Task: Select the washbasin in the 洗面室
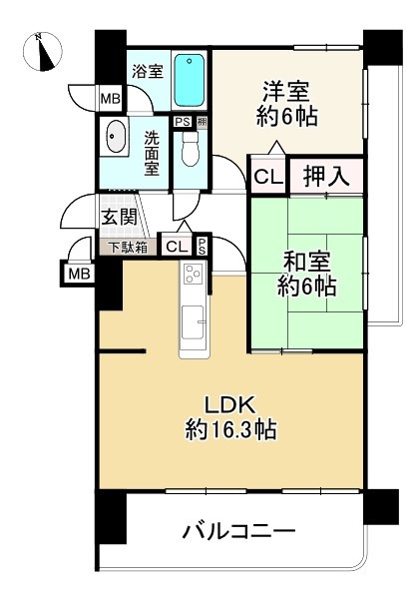click(x=115, y=136)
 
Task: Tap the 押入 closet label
click(x=325, y=178)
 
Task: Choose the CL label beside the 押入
click(x=266, y=178)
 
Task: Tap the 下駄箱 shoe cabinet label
click(x=127, y=246)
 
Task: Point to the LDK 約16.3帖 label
click(x=230, y=417)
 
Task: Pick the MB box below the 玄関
click(x=77, y=274)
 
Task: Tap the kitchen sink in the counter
click(x=193, y=325)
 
